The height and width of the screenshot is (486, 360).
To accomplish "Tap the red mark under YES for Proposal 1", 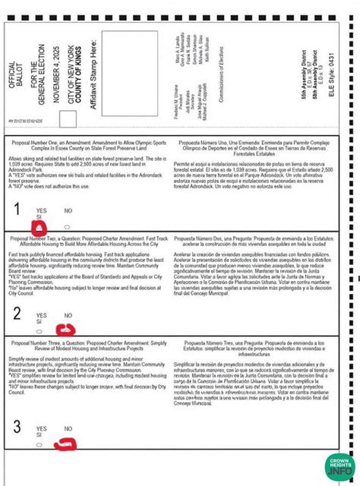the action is pyautogui.click(x=41, y=225).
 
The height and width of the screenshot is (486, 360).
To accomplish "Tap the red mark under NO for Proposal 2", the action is pyautogui.click(x=69, y=327).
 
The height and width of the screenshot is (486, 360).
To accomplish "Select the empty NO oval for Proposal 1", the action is pyautogui.click(x=68, y=226).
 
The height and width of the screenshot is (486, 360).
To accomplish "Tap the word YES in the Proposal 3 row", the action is pyautogui.click(x=41, y=428).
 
